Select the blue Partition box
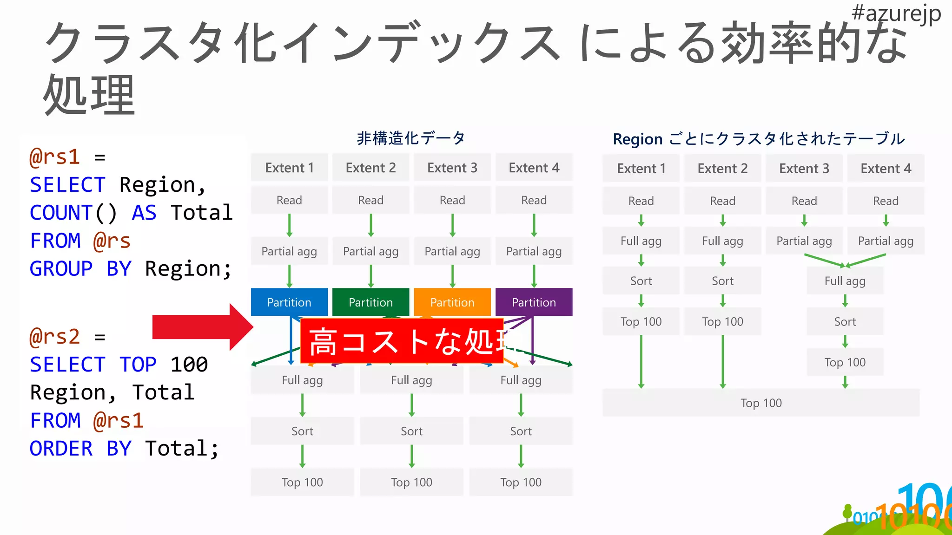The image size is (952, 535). coord(289,302)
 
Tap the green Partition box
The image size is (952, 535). coord(370,302)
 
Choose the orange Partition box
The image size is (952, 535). coord(452,302)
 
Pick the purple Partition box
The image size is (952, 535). coord(534,302)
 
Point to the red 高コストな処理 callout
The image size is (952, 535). coord(402,341)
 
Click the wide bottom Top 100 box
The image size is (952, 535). coord(761,403)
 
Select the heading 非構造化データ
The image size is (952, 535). coord(411,138)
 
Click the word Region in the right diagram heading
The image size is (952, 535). coord(637,139)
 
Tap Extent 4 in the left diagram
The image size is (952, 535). coord(534,168)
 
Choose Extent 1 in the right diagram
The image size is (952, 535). coord(641,168)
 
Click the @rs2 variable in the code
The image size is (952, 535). coord(55,336)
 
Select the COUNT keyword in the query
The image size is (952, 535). coord(61,213)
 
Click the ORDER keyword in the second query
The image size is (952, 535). coord(61,448)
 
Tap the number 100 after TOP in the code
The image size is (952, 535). coord(189,364)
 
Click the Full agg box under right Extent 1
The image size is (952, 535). coord(641,241)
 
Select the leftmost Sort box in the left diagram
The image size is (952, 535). coord(302,431)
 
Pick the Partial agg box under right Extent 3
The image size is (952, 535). coord(804,241)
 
